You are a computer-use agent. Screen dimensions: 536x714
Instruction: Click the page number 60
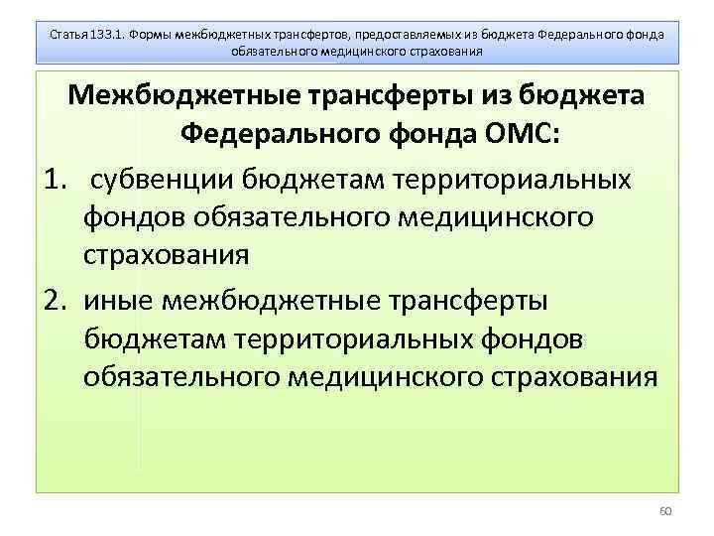point(664,511)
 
